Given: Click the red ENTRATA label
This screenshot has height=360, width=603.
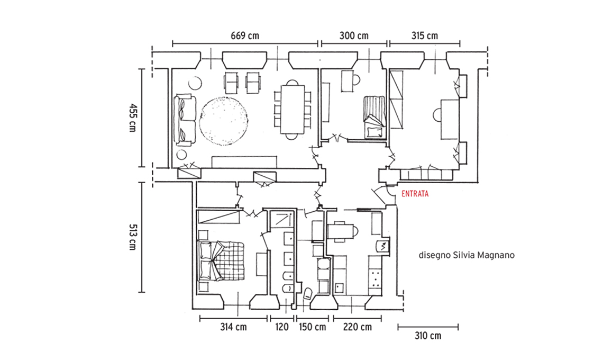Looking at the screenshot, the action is (415, 194).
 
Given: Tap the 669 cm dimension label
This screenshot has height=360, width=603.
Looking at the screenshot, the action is (245, 36).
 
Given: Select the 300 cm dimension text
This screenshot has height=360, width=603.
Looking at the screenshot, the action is (354, 36).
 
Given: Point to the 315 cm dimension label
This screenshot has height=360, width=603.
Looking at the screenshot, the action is (425, 36).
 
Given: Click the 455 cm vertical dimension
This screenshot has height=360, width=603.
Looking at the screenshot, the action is (133, 118).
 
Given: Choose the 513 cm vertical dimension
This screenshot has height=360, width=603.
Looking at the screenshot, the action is (133, 237).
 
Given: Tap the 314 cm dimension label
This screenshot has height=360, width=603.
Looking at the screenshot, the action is (233, 327).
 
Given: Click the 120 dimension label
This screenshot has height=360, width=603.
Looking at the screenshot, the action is (282, 327).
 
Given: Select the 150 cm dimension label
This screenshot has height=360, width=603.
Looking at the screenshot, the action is (312, 327).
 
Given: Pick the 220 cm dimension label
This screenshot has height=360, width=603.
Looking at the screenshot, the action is (358, 327).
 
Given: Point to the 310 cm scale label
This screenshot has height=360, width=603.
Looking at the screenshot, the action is (428, 336).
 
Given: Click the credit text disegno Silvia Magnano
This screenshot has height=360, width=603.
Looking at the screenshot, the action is (467, 255).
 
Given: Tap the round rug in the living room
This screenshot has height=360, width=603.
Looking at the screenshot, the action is (224, 121).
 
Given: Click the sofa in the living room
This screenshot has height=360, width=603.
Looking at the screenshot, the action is (185, 120).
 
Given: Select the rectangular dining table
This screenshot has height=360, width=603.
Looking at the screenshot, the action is (293, 110).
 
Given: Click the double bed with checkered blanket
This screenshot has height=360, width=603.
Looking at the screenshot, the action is (221, 262).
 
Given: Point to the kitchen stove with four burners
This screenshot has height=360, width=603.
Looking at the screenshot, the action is (374, 277).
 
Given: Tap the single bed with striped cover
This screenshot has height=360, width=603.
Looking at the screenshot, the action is (374, 116).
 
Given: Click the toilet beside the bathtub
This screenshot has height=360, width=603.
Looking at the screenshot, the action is (308, 294).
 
